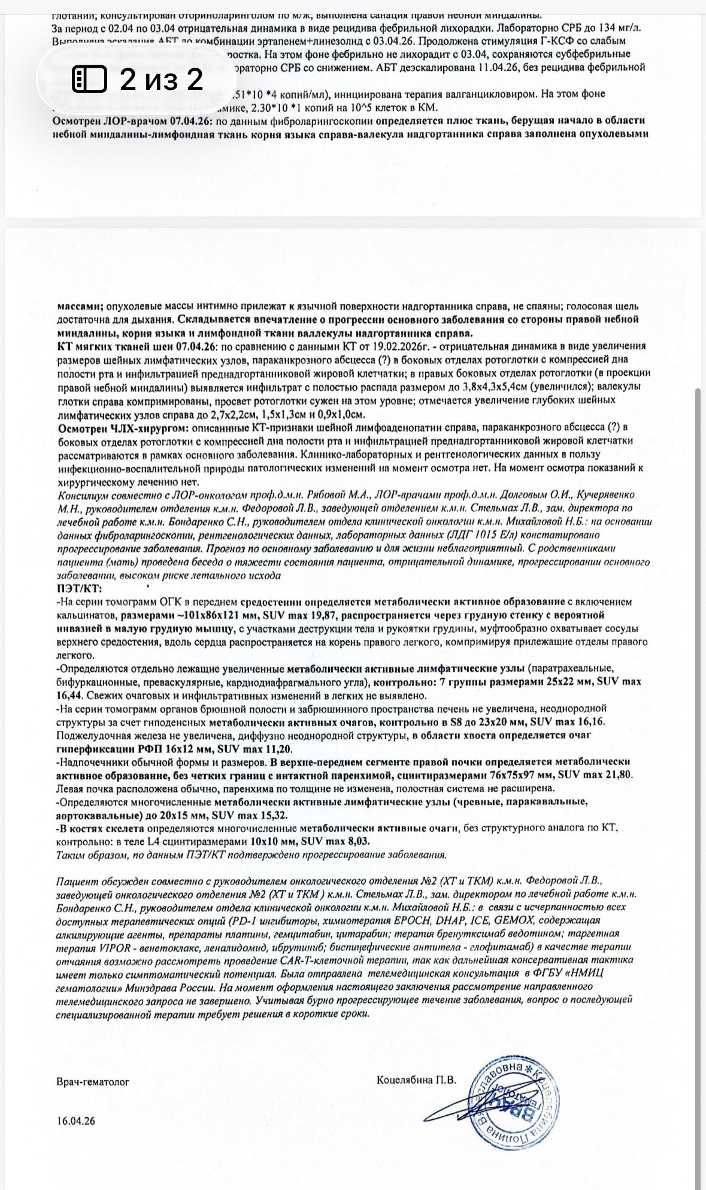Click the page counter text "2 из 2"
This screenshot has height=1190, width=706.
(x=162, y=79)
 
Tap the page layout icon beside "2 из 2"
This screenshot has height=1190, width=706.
(x=90, y=79)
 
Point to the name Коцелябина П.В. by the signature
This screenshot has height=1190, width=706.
(x=416, y=1080)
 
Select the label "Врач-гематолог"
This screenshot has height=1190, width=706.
(x=93, y=1082)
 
